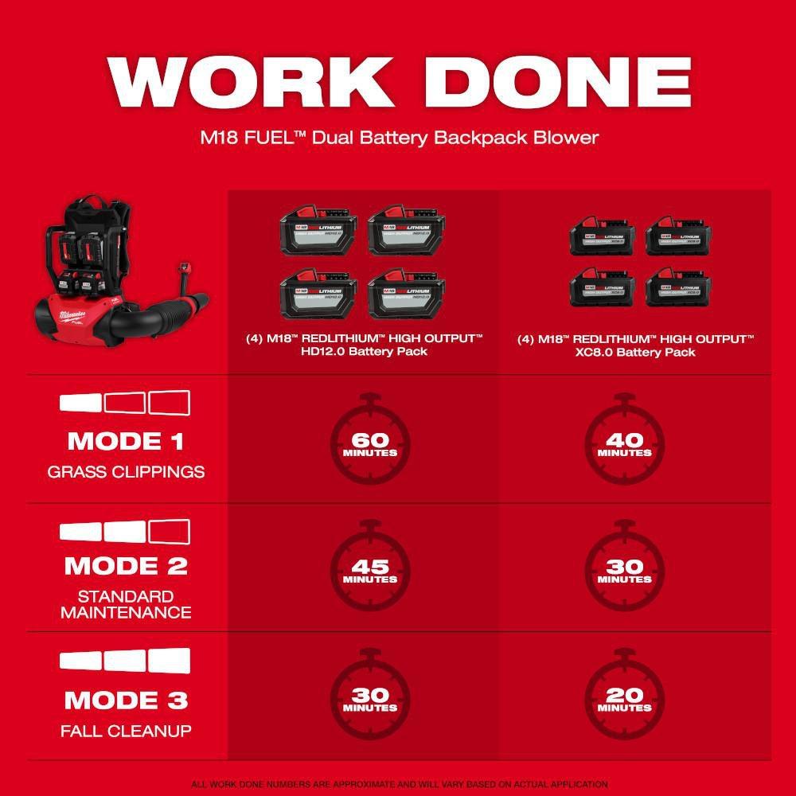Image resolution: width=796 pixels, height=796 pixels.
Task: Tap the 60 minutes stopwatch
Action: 370,442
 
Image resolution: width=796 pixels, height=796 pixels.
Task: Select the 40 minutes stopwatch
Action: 625,442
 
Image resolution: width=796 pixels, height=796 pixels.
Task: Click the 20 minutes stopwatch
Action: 625,697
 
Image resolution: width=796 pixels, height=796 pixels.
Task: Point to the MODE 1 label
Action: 126,441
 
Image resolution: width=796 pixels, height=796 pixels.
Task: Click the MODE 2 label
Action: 126,566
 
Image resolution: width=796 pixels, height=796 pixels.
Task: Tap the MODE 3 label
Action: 126,700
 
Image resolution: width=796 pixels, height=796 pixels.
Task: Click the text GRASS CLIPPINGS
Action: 126,472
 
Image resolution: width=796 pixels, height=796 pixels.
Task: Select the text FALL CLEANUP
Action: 126,731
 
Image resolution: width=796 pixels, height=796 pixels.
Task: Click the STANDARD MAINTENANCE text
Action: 126,604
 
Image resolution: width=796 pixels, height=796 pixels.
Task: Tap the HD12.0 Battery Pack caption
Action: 364,345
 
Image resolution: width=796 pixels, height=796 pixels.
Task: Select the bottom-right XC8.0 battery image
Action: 678,287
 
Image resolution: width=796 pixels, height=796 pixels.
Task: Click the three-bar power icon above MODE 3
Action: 126,660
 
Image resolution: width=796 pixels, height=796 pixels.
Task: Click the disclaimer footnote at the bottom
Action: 398,784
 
